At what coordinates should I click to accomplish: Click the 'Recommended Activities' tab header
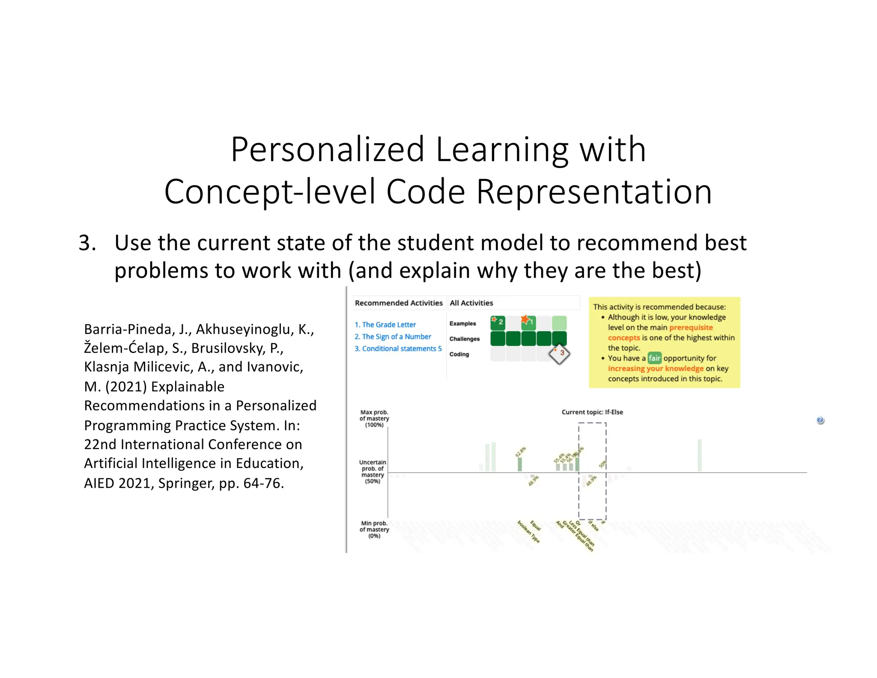[x=398, y=303]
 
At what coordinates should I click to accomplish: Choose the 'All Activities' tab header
[x=471, y=303]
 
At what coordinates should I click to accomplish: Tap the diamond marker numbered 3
[x=559, y=354]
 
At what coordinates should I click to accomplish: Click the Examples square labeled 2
[x=498, y=323]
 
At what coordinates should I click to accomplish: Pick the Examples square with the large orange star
[x=528, y=322]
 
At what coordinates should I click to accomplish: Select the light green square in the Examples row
[x=559, y=323]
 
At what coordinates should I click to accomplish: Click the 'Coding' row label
[x=459, y=354]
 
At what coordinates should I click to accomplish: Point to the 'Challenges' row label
[x=464, y=339]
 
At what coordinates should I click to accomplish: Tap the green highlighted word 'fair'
[x=654, y=358]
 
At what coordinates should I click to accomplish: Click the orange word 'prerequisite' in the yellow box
[x=691, y=327]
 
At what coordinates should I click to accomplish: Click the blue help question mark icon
[x=820, y=420]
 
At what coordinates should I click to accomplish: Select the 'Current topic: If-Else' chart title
[x=592, y=412]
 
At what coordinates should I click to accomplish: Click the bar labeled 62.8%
[x=519, y=464]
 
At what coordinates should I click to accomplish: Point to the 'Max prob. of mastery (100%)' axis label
[x=374, y=418]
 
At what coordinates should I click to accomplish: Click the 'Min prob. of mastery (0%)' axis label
[x=374, y=529]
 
